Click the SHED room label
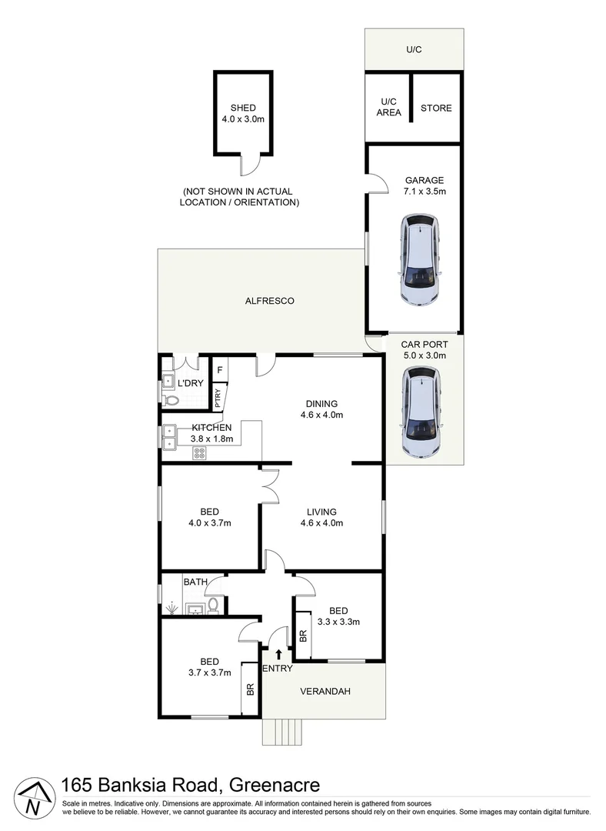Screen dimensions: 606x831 pyautogui.click(x=243, y=108)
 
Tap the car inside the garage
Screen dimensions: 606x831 pyautogui.click(x=420, y=259)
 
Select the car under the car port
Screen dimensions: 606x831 pyautogui.click(x=421, y=412)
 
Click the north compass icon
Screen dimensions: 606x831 pyautogui.click(x=34, y=799)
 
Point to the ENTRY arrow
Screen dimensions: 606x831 pyautogui.click(x=279, y=655)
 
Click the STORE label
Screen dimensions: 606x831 pyautogui.click(x=436, y=108)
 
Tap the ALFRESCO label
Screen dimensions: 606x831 pyautogui.click(x=270, y=301)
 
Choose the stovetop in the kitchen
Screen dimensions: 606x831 pyautogui.click(x=199, y=453)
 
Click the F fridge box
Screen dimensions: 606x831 pyautogui.click(x=219, y=370)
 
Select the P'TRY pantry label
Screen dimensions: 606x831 pyautogui.click(x=218, y=398)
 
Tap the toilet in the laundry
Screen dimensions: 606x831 pyautogui.click(x=170, y=399)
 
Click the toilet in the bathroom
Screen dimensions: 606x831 pyautogui.click(x=213, y=606)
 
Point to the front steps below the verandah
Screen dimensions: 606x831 pyautogui.click(x=281, y=732)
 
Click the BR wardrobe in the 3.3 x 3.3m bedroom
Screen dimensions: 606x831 pyautogui.click(x=303, y=635)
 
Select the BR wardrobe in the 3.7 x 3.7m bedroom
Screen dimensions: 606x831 pyautogui.click(x=250, y=689)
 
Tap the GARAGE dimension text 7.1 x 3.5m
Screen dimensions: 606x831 pyautogui.click(x=425, y=192)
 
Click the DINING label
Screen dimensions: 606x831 pyautogui.click(x=321, y=404)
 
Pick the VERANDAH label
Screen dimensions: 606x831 pyautogui.click(x=325, y=691)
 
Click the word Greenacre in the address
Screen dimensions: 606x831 pyautogui.click(x=275, y=784)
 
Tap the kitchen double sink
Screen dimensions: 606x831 pyautogui.click(x=169, y=437)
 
